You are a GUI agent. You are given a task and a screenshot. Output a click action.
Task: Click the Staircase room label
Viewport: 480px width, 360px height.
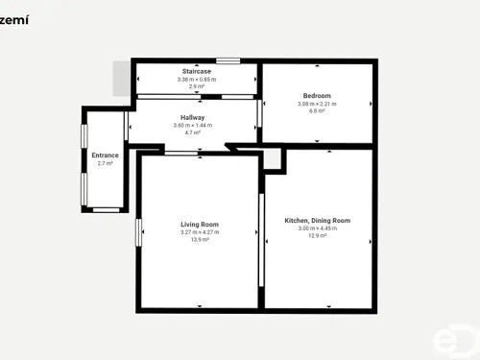coord(197,72)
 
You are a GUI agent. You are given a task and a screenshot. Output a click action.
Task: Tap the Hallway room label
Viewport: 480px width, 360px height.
coord(193,118)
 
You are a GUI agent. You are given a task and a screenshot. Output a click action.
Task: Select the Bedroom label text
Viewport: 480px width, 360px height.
coord(317,96)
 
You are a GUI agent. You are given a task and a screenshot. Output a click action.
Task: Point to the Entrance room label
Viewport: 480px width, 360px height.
coord(105,156)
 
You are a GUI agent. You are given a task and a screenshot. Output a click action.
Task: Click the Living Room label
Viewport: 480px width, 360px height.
coord(200,225)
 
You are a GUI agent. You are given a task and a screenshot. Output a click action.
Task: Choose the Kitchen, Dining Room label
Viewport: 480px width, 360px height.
coord(317,221)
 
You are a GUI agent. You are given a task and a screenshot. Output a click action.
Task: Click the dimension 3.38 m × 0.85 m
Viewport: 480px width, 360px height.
coord(197,80)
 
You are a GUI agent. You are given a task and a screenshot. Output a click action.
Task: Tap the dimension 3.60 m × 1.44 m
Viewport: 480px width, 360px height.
coord(193,126)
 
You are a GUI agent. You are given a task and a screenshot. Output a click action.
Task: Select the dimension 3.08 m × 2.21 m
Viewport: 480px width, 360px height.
coord(317,104)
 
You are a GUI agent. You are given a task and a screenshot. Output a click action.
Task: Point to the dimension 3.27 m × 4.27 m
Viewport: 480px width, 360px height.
coord(200,232)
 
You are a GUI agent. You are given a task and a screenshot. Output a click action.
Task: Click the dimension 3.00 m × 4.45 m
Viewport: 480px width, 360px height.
coord(317,228)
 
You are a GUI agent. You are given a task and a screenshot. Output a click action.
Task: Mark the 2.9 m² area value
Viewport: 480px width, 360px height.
coord(197,86)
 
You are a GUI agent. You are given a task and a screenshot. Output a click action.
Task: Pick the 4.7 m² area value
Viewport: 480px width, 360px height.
coord(193,132)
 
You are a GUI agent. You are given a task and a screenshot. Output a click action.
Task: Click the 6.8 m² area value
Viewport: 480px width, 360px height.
coord(317,111)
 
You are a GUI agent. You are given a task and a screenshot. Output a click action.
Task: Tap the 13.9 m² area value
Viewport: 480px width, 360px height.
coord(200,239)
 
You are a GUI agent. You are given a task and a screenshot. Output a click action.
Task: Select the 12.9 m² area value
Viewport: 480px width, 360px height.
coord(317,235)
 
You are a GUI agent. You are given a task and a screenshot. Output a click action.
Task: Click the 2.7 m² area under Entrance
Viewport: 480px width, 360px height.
coord(105,163)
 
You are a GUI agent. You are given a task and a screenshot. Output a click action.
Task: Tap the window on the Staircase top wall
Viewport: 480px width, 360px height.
coord(228,61)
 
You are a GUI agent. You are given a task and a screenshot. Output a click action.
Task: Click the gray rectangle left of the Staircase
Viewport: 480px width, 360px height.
coord(121,79)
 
